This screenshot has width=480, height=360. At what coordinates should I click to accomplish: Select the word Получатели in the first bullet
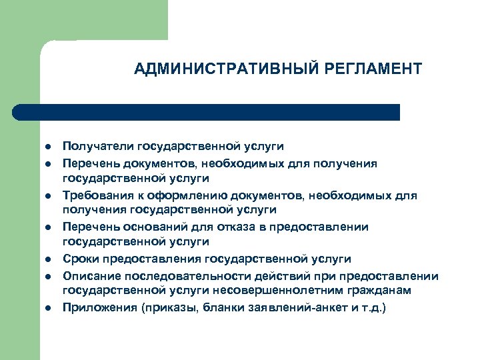99,147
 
